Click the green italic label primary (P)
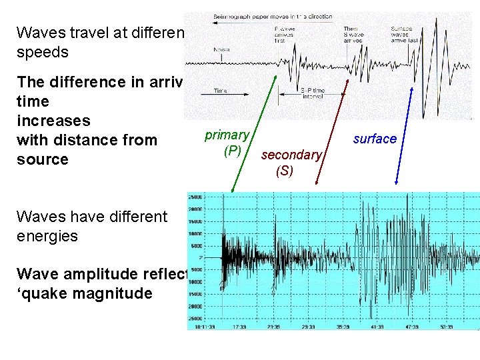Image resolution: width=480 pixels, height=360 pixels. pos(227,143)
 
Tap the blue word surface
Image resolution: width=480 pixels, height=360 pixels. pos(375,139)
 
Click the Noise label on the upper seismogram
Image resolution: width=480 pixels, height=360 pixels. pos(222,49)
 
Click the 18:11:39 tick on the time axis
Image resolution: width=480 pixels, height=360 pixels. pos(202,327)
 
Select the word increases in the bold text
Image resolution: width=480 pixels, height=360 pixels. pos(53,121)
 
